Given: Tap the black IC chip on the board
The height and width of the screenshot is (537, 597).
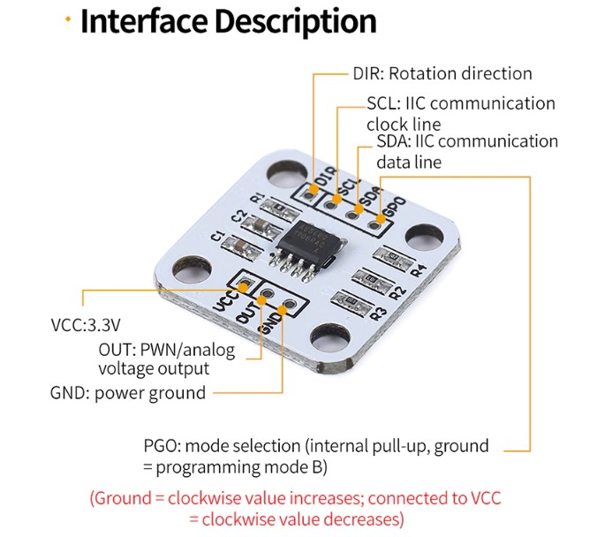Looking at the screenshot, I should (304, 243).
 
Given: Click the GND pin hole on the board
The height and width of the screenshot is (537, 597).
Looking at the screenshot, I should (286, 310).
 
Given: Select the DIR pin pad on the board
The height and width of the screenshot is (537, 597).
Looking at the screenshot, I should (312, 190).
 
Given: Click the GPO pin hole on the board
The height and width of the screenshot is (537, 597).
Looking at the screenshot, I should (377, 223).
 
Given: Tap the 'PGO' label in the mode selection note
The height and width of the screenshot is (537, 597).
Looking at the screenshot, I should (162, 446).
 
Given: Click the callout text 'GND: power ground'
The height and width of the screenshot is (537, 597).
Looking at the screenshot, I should (128, 393).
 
